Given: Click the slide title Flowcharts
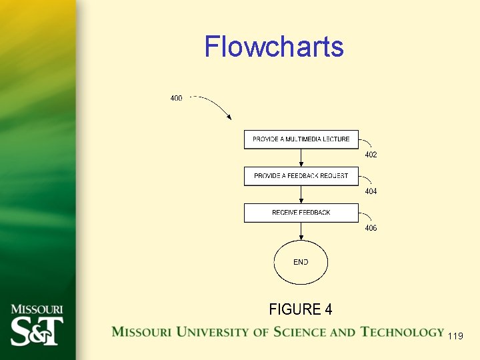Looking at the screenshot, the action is click(x=274, y=47).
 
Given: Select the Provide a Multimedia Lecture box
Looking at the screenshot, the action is click(x=301, y=139).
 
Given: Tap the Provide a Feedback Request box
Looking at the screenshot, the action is click(x=301, y=176).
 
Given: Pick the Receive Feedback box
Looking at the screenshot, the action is click(x=301, y=213).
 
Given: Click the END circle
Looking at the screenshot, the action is click(x=301, y=263).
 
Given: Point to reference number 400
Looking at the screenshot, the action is click(x=176, y=99).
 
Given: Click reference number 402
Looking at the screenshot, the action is click(x=371, y=155).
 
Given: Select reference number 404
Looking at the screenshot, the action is click(x=371, y=191).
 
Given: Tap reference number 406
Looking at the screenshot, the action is click(x=371, y=228).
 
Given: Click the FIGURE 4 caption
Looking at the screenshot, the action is click(x=301, y=309).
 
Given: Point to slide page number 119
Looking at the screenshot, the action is click(x=456, y=336).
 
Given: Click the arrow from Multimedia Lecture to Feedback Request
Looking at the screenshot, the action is click(x=301, y=158).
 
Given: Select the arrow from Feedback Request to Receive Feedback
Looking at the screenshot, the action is click(x=301, y=195).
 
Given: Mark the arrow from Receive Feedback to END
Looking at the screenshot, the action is click(x=301, y=231).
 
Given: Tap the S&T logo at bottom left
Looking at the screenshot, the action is click(x=37, y=331).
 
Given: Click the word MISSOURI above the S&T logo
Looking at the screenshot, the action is click(x=37, y=309).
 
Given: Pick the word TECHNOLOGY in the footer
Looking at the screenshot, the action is click(x=402, y=332).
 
